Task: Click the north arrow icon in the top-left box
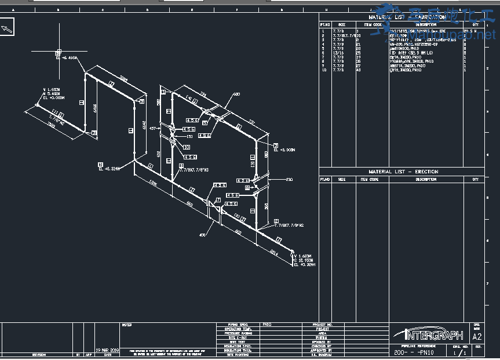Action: tap(8, 27)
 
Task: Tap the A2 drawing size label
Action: tap(477, 336)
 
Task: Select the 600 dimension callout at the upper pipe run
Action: tap(236, 94)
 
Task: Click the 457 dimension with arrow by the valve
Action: tap(154, 128)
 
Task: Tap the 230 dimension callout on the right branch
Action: tap(289, 180)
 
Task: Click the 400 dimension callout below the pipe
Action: tap(202, 235)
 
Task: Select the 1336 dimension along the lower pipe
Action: tap(153, 183)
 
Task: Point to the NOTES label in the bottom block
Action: tap(127, 325)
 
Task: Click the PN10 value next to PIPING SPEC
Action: tap(267, 325)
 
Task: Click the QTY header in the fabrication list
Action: tap(476, 24)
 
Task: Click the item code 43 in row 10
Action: tap(358, 70)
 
